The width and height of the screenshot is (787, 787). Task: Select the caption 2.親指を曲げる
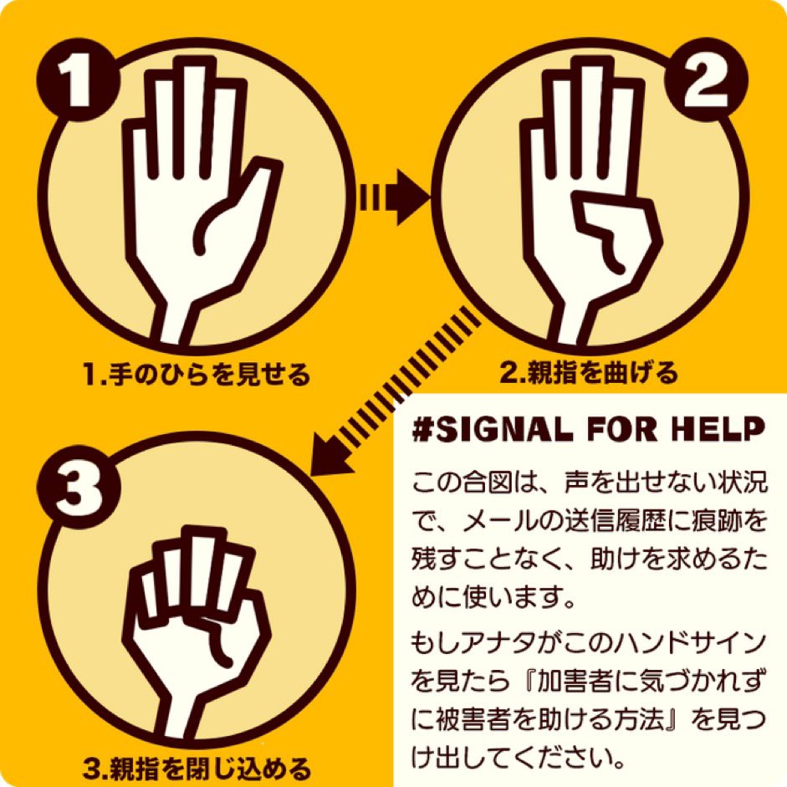coord(588,373)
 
